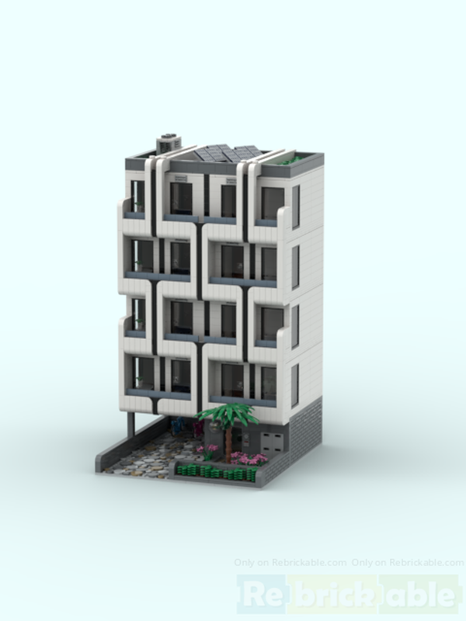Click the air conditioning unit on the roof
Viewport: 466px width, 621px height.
coord(167,144)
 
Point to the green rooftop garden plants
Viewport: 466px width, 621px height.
coord(294,161)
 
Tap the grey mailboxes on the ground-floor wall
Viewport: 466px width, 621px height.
coord(272,445)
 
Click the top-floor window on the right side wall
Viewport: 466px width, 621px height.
coord(295,206)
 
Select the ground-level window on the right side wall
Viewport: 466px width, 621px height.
coord(294,384)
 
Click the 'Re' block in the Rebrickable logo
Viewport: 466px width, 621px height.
coord(259,595)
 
